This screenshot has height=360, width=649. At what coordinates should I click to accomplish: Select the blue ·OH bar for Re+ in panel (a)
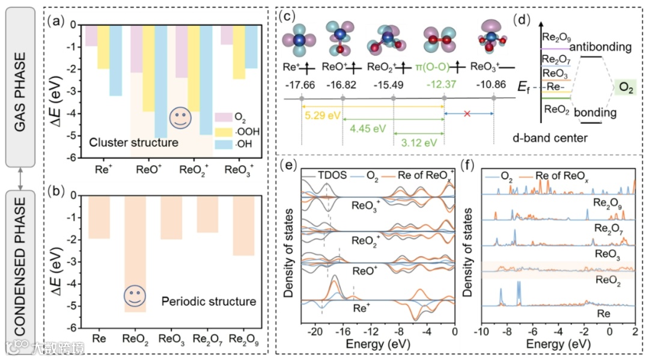click(x=115, y=60)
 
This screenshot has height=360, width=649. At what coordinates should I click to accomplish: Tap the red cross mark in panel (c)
click(x=467, y=112)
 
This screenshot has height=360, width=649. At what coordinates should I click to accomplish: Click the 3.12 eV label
click(x=418, y=144)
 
